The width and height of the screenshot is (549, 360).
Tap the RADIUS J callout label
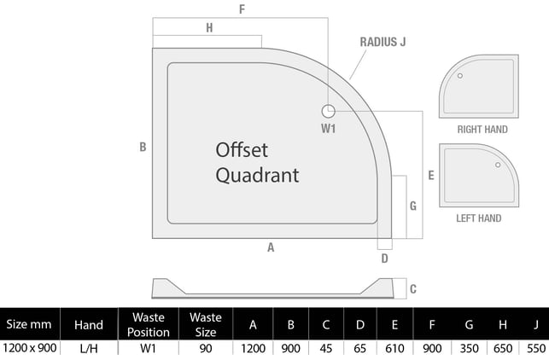tap(383, 42)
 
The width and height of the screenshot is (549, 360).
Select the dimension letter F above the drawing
tap(242, 9)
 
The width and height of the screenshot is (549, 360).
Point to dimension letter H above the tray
tap(209, 27)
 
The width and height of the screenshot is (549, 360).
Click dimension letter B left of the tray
tap(143, 147)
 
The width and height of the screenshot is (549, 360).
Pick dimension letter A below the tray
tap(271, 247)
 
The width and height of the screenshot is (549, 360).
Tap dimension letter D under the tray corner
tap(384, 258)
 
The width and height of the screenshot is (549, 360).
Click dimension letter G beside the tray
tap(413, 206)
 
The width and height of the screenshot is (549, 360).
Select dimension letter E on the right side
tap(431, 175)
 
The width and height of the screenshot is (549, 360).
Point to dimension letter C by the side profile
tap(413, 289)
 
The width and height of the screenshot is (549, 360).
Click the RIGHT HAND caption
tap(482, 130)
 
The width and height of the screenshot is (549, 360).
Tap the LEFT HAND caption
tap(479, 218)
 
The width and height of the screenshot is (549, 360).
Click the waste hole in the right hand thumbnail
tap(460, 76)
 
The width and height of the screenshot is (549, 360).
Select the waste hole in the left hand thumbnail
tap(498, 165)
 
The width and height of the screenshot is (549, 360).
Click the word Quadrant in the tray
tap(257, 175)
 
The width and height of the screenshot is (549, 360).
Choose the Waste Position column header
tap(149, 325)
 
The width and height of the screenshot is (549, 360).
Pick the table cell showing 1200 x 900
tap(29, 348)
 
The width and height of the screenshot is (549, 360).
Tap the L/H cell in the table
tap(89, 349)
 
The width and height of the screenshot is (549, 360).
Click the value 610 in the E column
tap(394, 348)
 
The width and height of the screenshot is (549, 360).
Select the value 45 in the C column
tap(326, 348)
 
